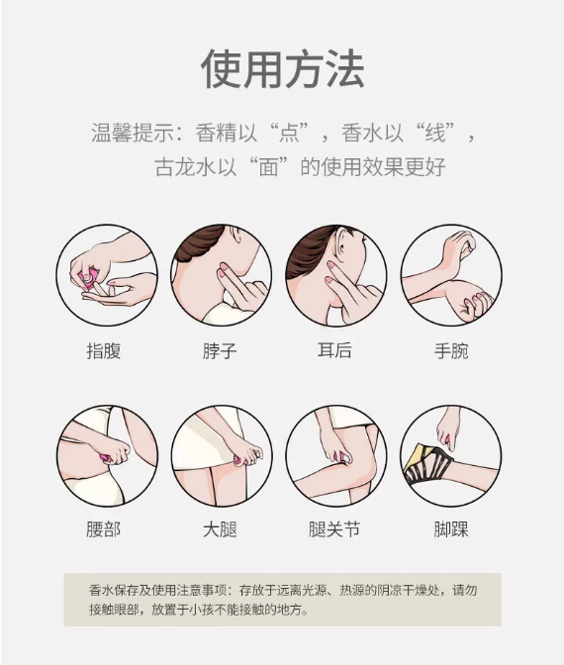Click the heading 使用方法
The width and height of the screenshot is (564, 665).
coord(282,69)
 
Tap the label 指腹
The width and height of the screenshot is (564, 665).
coord(104,351)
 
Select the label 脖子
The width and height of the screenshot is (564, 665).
coord(220,351)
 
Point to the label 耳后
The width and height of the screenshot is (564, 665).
coord(334,350)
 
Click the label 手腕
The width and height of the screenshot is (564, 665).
coord(451,351)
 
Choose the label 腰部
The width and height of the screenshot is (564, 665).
coord(104,529)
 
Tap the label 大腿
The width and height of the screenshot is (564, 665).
coord(220,529)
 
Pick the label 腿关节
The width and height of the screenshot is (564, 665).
coord(334,529)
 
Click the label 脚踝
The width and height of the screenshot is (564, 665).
coord(451,529)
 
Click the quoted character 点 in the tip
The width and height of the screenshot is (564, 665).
coord(290,134)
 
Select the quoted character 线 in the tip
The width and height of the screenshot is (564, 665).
coord(435,134)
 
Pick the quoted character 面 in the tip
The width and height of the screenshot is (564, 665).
coord(268,166)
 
